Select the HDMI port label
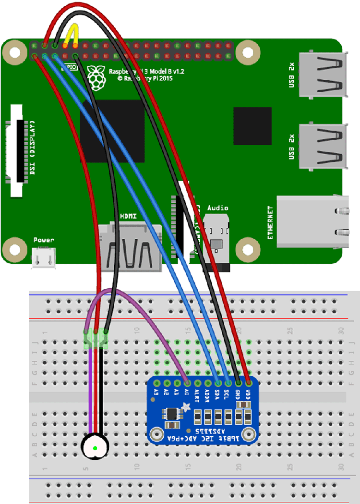pos(128,217)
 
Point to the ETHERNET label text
pos(271,223)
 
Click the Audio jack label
pos(217,208)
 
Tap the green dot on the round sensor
pos(95,448)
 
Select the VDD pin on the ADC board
pos(249,383)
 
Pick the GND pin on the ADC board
pos(239,383)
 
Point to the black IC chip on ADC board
pos(171,414)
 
